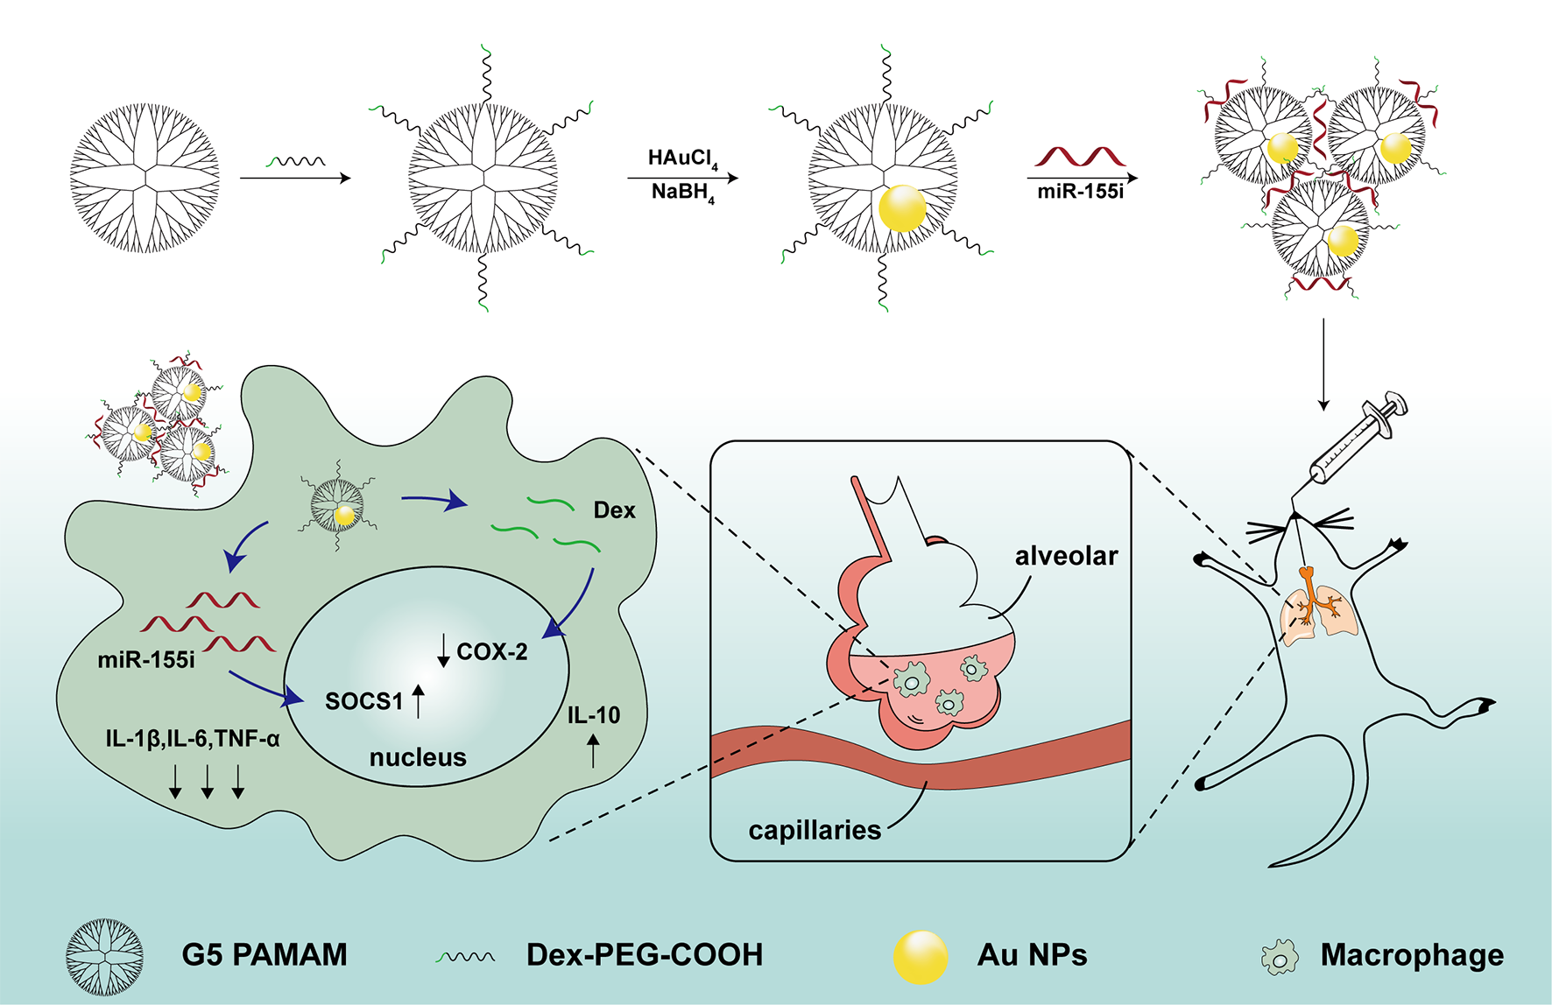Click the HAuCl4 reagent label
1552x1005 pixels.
click(x=681, y=158)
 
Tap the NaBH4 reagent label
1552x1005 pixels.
click(x=681, y=193)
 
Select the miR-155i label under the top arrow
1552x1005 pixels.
click(x=1080, y=192)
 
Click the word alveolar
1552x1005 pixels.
click(x=1066, y=556)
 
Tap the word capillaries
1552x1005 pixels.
click(x=815, y=830)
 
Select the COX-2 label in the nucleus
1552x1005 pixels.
click(x=492, y=651)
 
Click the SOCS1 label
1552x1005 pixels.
click(x=364, y=701)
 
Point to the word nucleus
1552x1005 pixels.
click(x=418, y=757)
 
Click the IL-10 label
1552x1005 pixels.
click(x=594, y=715)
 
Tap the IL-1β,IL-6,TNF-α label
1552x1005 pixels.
click(x=193, y=739)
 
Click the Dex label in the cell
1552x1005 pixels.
click(x=614, y=510)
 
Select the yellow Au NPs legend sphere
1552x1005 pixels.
click(x=920, y=956)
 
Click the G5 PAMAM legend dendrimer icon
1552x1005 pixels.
click(x=105, y=957)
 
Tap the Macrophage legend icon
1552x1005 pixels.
click(x=1280, y=957)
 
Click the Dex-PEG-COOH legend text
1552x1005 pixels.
click(x=645, y=955)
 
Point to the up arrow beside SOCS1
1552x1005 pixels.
click(x=419, y=701)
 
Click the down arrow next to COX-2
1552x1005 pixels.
click(x=444, y=650)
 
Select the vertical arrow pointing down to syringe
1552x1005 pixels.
click(x=1323, y=363)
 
